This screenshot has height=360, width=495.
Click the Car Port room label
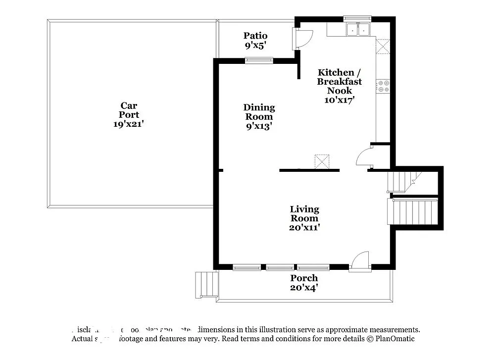(129, 110)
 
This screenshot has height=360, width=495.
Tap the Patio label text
(255, 36)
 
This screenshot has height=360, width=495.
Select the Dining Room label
(259, 112)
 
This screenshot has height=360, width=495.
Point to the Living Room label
(304, 213)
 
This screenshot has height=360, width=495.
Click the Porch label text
(304, 278)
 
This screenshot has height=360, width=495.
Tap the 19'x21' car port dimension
(129, 124)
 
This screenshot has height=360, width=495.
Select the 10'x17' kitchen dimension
(340, 100)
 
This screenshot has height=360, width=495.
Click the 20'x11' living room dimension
(304, 228)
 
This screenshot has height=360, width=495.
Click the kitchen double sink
(357, 30)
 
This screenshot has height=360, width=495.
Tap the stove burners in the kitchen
(383, 86)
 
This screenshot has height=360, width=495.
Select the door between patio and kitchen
(302, 39)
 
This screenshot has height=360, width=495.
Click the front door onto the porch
(360, 261)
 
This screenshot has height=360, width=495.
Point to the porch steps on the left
(207, 284)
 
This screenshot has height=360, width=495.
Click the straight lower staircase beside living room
(415, 211)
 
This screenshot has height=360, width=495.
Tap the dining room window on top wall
(259, 61)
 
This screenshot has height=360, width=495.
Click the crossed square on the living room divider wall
(322, 161)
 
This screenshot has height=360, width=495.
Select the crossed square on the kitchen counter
(383, 46)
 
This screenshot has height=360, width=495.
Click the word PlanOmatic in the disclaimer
(395, 339)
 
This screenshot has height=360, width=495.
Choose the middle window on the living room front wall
(280, 267)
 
